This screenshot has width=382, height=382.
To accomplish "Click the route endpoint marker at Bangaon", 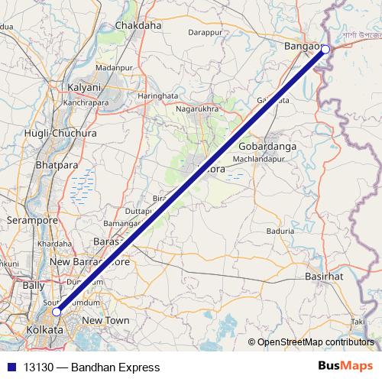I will pos(325,50).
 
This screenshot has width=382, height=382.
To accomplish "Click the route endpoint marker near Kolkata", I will pos(57,312).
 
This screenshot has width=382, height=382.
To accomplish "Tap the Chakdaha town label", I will pos(138,25).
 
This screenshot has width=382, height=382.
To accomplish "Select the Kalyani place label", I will pos(84,87).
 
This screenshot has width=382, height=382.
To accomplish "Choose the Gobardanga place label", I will pos(267,146).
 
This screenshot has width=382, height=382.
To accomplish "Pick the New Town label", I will pos(106,320).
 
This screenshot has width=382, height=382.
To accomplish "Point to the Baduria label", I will pos(280,229).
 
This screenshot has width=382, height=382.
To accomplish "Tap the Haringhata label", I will pos(157,95).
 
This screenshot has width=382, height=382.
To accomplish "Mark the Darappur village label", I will pos(205,33).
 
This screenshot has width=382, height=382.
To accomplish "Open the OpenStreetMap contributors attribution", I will pos(315,343).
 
